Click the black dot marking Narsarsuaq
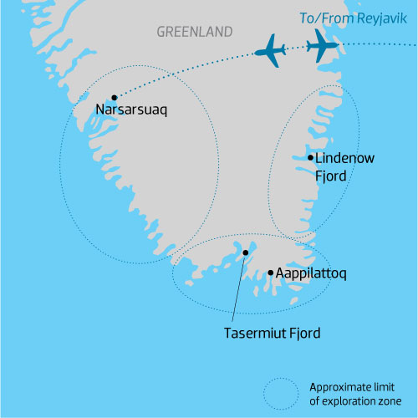pyautogui.click(x=115, y=97)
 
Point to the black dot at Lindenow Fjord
pyautogui.click(x=310, y=157)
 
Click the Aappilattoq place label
pyautogui.click(x=312, y=273)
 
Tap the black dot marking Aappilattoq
pyautogui.click(x=269, y=273)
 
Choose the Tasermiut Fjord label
pyautogui.click(x=273, y=333)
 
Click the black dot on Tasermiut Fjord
pyautogui.click(x=246, y=252)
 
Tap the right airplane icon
pyautogui.click(x=322, y=44)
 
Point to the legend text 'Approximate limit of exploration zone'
pyautogui.click(x=355, y=392)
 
